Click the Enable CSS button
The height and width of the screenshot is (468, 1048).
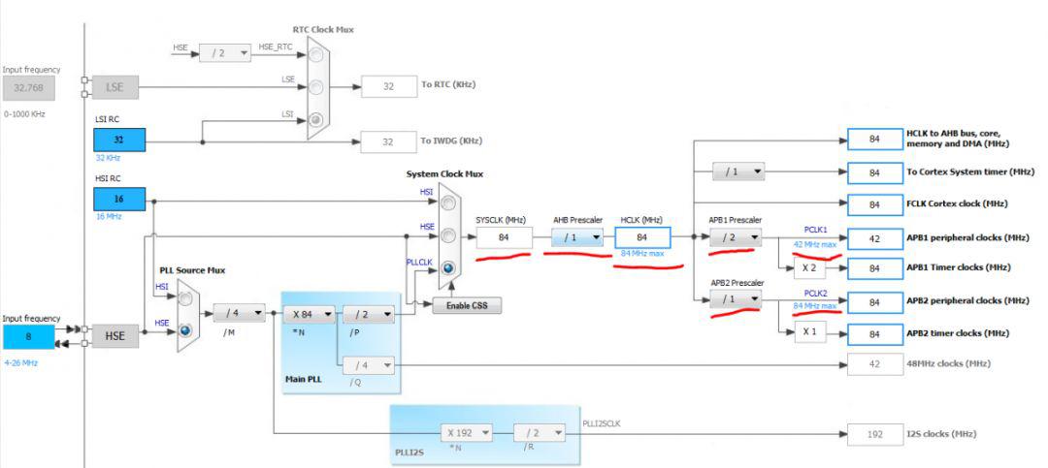[x=467, y=306]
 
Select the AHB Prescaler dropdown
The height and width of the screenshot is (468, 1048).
[x=577, y=237]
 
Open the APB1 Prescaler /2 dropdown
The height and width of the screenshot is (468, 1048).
[x=736, y=237]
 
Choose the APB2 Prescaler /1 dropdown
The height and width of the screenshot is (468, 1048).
[x=736, y=299]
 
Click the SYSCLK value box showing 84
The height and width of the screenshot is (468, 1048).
[x=504, y=237]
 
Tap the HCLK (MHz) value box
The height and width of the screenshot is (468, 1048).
[x=642, y=237]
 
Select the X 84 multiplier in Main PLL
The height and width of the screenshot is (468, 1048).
[x=309, y=314]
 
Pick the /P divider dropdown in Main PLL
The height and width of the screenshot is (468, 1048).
[x=369, y=314]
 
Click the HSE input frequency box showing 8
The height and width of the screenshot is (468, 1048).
[x=29, y=336]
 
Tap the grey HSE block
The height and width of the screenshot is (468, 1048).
[x=115, y=336]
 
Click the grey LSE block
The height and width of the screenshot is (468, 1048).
[x=115, y=87]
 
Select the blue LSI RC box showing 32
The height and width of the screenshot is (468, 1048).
[x=119, y=140]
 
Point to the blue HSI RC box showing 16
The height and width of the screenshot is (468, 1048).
[x=119, y=199]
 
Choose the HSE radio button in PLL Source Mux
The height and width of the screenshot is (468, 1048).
[x=186, y=329]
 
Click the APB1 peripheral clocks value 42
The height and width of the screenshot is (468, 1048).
[x=874, y=238]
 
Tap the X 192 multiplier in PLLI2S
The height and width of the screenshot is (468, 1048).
[x=467, y=432]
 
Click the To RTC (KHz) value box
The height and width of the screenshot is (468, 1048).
[x=389, y=86]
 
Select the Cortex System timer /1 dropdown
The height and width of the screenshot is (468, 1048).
[x=737, y=172]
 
